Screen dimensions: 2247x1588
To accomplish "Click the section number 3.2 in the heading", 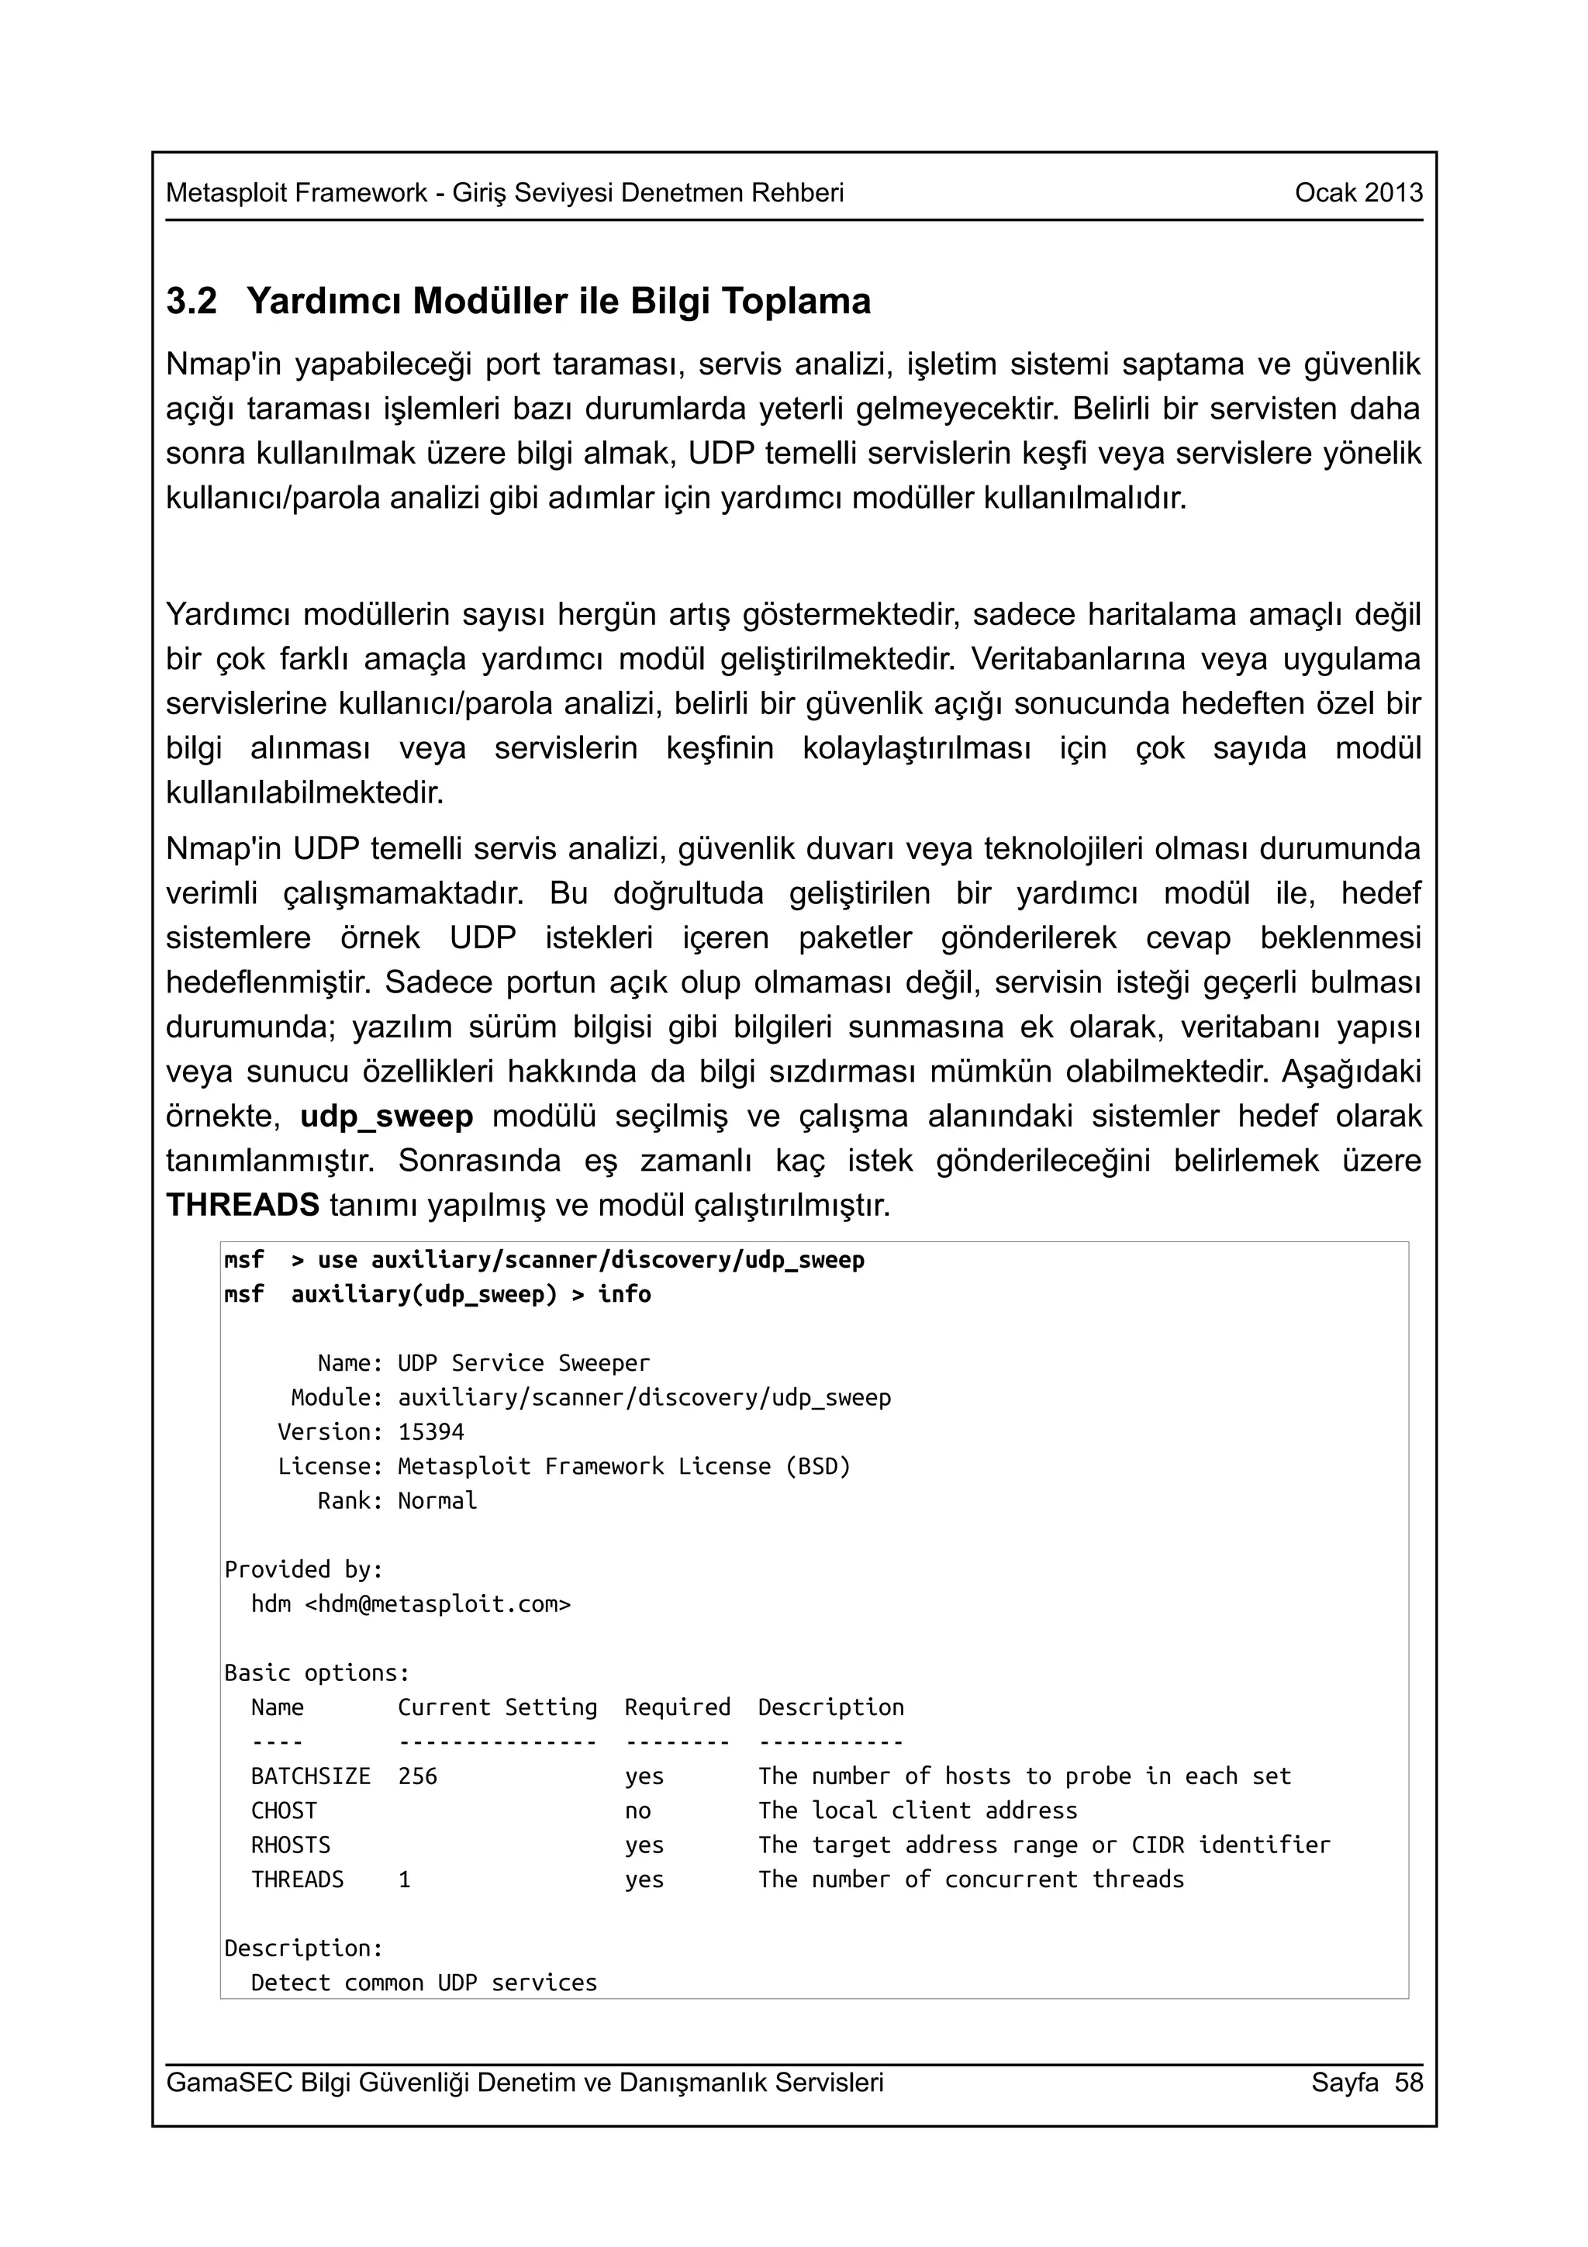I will pyautogui.click(x=191, y=302).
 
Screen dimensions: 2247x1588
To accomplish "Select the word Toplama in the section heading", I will pyautogui.click(x=796, y=302).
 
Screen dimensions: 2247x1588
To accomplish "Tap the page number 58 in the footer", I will pyautogui.click(x=1409, y=2082).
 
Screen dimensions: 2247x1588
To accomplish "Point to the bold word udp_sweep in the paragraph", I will pyautogui.click(x=386, y=1117).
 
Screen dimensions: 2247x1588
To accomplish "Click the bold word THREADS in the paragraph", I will pyautogui.click(x=243, y=1206).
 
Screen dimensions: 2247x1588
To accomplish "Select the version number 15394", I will pyautogui.click(x=430, y=1432).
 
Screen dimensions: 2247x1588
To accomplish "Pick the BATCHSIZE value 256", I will pyautogui.click(x=418, y=1776).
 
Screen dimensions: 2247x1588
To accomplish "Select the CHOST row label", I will pyautogui.click(x=284, y=1810).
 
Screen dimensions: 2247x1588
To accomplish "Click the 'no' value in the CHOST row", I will pyautogui.click(x=638, y=1810).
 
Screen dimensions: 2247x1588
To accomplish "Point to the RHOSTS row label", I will pyautogui.click(x=291, y=1845).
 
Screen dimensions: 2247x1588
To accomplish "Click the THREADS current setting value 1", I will pyautogui.click(x=404, y=1879).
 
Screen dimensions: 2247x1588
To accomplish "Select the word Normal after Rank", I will pyautogui.click(x=437, y=1500).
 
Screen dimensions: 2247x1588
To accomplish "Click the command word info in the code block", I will pyautogui.click(x=624, y=1295).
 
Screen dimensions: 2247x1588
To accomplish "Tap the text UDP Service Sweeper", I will pyautogui.click(x=523, y=1363).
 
